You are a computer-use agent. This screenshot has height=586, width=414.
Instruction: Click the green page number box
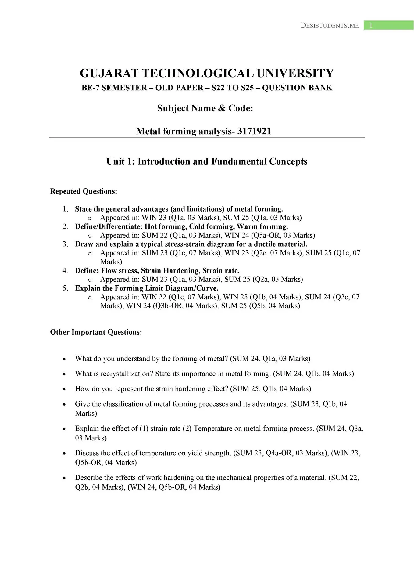click(388, 25)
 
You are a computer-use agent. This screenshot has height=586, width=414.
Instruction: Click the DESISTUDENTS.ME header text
click(330, 26)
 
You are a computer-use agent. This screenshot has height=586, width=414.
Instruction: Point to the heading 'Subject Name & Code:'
click(205, 108)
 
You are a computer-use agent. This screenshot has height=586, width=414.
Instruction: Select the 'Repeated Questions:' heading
click(84, 191)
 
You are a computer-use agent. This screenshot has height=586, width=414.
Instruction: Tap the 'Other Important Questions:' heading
click(96, 332)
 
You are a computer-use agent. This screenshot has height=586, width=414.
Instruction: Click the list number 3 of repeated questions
click(65, 244)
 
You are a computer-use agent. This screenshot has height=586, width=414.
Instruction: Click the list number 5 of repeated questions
click(65, 288)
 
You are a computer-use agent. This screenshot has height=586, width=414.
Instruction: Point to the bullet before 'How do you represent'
click(64, 389)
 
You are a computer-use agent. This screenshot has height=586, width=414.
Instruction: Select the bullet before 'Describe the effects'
click(64, 478)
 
